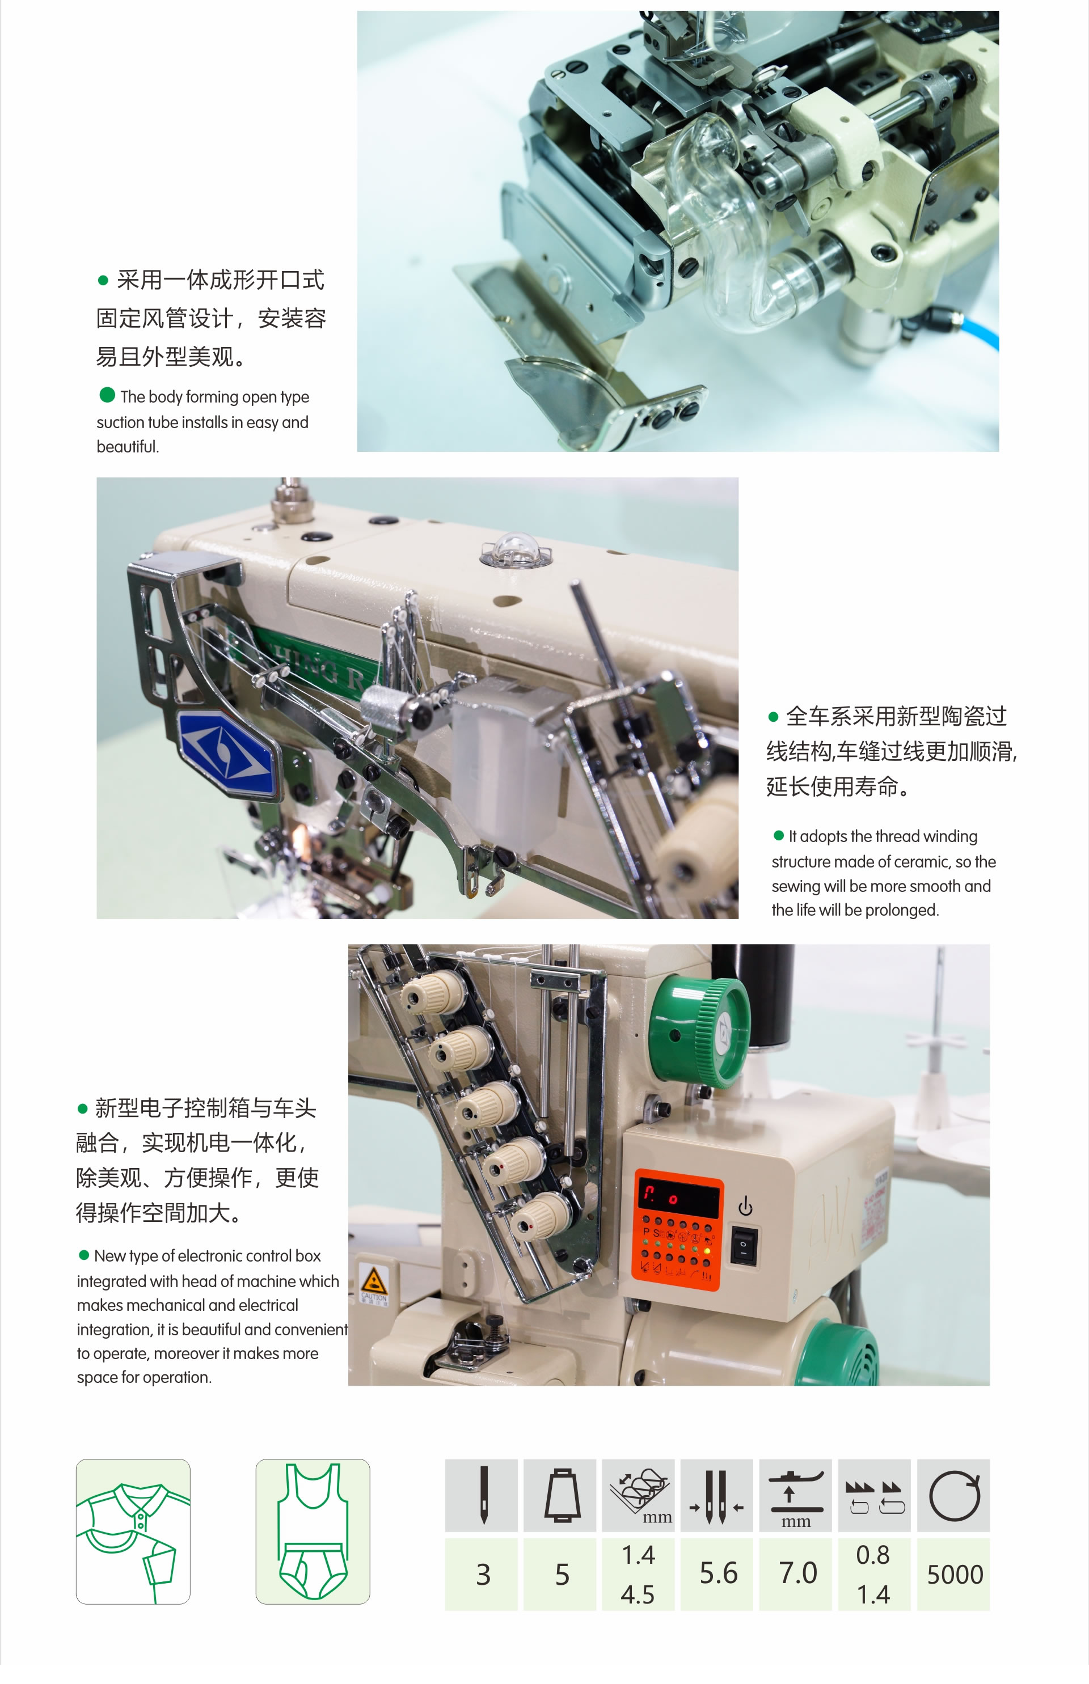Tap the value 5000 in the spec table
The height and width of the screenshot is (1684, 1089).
click(x=955, y=1575)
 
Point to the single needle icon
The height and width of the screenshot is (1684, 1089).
click(x=484, y=1495)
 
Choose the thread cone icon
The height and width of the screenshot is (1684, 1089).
click(x=562, y=1495)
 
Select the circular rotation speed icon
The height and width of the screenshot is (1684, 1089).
click(x=955, y=1495)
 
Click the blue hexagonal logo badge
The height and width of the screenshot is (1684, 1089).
click(x=226, y=753)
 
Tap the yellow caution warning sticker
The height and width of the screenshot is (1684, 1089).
click(x=373, y=1283)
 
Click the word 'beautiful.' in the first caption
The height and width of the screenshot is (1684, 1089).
click(x=128, y=447)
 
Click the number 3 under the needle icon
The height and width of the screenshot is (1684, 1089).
click(x=484, y=1575)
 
